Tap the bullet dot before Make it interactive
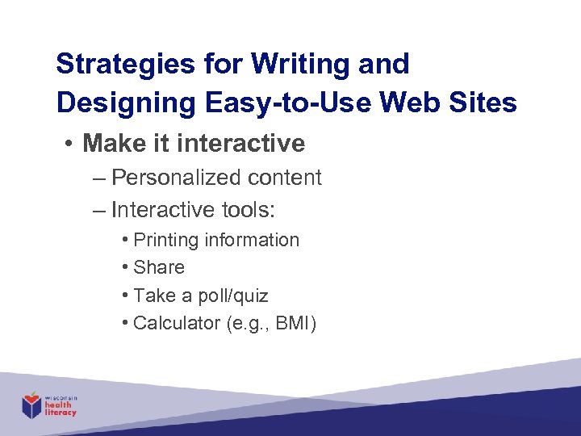71,145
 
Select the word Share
159,267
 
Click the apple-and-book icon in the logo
31,405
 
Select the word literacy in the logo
61,413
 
